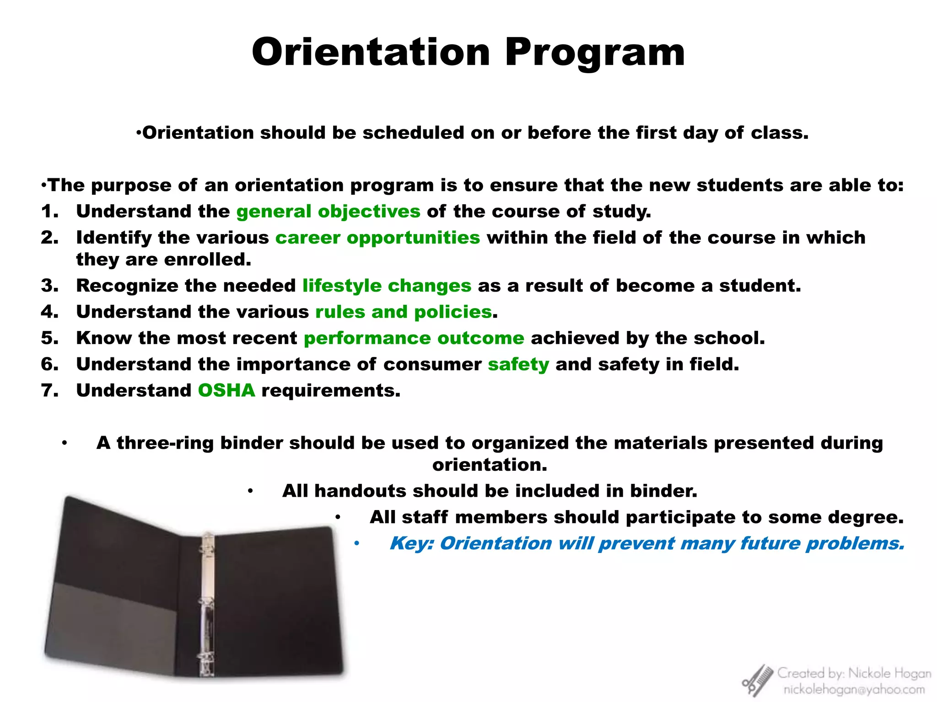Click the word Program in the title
pyautogui.click(x=594, y=53)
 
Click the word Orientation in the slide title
pyautogui.click(x=371, y=52)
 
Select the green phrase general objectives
pyautogui.click(x=328, y=212)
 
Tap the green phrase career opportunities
pyautogui.click(x=377, y=238)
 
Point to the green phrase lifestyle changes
pyautogui.click(x=387, y=286)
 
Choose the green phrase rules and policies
pyautogui.click(x=404, y=312)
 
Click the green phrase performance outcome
pyautogui.click(x=414, y=338)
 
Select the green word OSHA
pyautogui.click(x=226, y=390)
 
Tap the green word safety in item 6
pyautogui.click(x=518, y=364)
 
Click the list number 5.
pyautogui.click(x=49, y=338)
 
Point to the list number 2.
pyautogui.click(x=49, y=238)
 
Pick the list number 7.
pyautogui.click(x=49, y=390)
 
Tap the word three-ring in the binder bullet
pyautogui.click(x=165, y=443)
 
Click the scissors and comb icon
pyautogui.click(x=757, y=681)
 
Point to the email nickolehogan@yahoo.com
pyautogui.click(x=854, y=689)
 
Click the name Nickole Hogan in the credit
pyautogui.click(x=889, y=673)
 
